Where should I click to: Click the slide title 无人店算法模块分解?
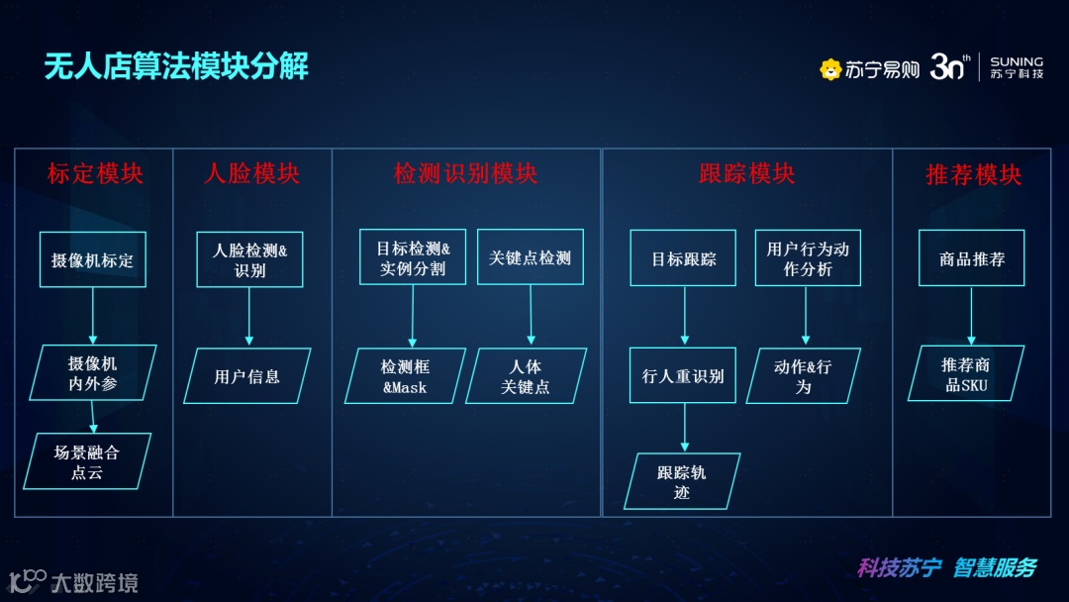pyautogui.click(x=176, y=66)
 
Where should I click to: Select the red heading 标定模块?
pyautogui.click(x=95, y=174)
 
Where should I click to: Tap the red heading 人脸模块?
pyautogui.click(x=251, y=174)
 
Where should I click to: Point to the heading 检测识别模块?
pyautogui.click(x=465, y=174)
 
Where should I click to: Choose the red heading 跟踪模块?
pyautogui.click(x=746, y=174)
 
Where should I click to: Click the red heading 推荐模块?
pyautogui.click(x=973, y=175)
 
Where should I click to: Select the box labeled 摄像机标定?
pyautogui.click(x=92, y=259)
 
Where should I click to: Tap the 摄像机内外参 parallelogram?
pyautogui.click(x=92, y=373)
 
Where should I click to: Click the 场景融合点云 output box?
pyautogui.click(x=87, y=461)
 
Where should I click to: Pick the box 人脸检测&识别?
pyautogui.click(x=249, y=259)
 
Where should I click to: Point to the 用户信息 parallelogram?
pyautogui.click(x=247, y=376)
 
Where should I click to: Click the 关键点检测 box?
pyautogui.click(x=530, y=257)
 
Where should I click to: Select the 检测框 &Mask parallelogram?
pyautogui.click(x=405, y=376)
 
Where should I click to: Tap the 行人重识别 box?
pyautogui.click(x=683, y=375)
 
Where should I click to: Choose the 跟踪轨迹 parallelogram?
pyautogui.click(x=681, y=482)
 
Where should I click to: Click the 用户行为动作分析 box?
pyautogui.click(x=808, y=258)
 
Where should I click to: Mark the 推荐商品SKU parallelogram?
pyautogui.click(x=966, y=374)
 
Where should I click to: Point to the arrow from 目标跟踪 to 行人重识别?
pyautogui.click(x=684, y=316)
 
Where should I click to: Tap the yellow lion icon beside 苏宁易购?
pyautogui.click(x=830, y=69)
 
